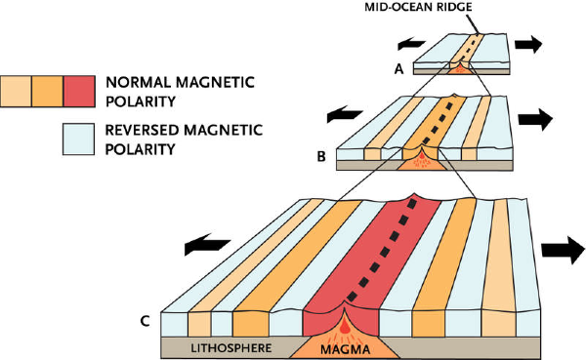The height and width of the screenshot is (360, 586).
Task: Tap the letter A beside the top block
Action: click(x=397, y=69)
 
